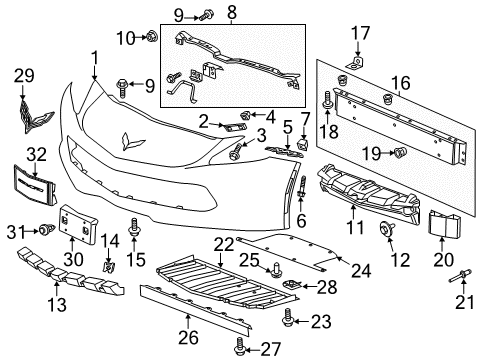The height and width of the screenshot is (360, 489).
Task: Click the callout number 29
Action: (24, 76)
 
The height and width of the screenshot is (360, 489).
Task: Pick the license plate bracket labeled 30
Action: (72, 222)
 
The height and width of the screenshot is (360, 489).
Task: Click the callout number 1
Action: (94, 57)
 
